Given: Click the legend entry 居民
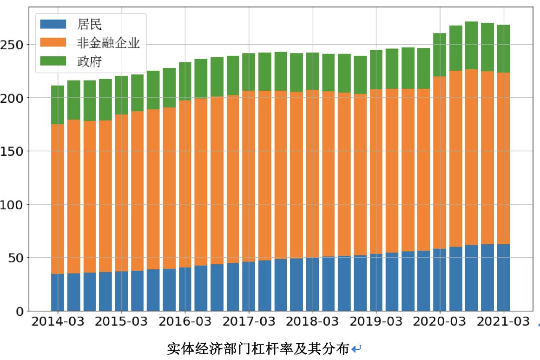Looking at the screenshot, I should [89, 25].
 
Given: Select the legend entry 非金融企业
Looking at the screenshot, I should [108, 43].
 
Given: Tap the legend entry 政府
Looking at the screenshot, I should [89, 61].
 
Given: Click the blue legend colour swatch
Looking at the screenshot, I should [53, 24].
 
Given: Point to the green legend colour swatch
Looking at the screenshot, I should [53, 61].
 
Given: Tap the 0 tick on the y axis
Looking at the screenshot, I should [19, 311].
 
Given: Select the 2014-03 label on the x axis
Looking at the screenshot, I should [58, 322].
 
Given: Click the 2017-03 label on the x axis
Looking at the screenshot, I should [249, 322].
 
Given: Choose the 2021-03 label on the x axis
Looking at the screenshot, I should [503, 322].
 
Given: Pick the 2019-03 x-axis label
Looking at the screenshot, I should [376, 322].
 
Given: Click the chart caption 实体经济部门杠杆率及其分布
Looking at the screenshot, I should [258, 348].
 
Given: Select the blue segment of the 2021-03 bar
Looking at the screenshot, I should [503, 277].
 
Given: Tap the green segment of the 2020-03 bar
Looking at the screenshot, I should [440, 54].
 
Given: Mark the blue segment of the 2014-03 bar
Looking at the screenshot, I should [58, 292].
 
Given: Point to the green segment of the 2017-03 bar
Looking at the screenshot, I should [249, 72].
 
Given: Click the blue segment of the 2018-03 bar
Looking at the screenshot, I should [312, 284].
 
